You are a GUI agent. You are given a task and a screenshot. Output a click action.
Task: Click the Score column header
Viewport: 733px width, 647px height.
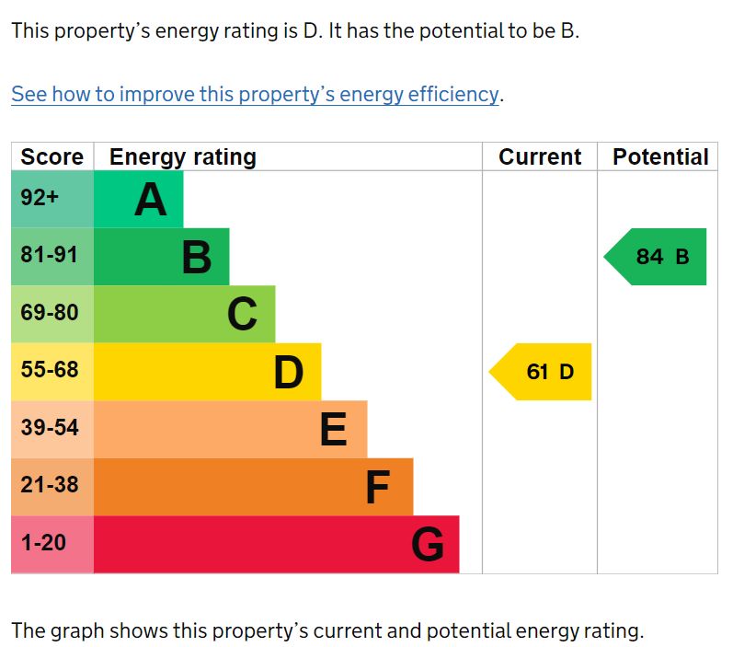(x=52, y=157)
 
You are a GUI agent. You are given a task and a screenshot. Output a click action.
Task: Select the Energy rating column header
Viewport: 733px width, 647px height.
(x=182, y=157)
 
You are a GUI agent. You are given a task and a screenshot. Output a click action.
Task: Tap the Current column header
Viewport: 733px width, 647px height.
(x=540, y=157)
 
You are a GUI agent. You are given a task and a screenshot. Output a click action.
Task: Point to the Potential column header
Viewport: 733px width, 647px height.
(x=660, y=157)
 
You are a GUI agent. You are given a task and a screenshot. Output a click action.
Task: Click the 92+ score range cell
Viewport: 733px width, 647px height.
(x=40, y=198)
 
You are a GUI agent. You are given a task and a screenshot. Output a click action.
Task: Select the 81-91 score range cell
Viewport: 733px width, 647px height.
(x=51, y=255)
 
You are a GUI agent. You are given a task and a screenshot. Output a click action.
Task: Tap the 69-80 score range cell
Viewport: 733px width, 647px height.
(x=51, y=313)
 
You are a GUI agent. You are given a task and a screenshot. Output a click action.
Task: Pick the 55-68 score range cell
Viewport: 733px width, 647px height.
(x=51, y=370)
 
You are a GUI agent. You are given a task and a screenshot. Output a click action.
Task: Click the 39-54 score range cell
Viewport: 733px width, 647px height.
(x=51, y=428)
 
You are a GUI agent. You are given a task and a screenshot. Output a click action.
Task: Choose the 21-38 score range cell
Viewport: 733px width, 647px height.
(x=51, y=485)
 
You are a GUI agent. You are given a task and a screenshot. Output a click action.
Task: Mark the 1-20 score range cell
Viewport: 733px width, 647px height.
(x=44, y=543)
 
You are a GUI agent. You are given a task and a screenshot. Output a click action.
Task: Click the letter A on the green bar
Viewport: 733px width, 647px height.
(x=151, y=200)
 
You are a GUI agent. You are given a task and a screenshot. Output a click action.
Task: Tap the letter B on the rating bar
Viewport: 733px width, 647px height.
(x=196, y=258)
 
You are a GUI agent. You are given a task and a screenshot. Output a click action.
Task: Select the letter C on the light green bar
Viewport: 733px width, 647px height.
(x=242, y=315)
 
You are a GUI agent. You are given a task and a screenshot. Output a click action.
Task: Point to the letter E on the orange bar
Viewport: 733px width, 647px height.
(x=333, y=430)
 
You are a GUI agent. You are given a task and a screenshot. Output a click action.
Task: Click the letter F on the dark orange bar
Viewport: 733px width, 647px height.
(x=378, y=488)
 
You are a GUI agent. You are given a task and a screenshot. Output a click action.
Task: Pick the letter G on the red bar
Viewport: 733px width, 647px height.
(x=428, y=545)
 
